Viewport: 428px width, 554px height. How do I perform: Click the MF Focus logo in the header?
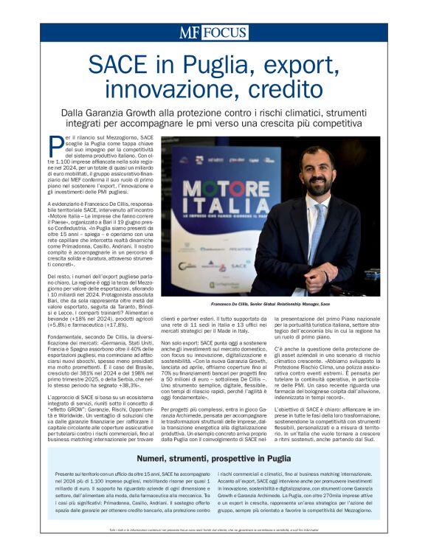pos(213,32)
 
